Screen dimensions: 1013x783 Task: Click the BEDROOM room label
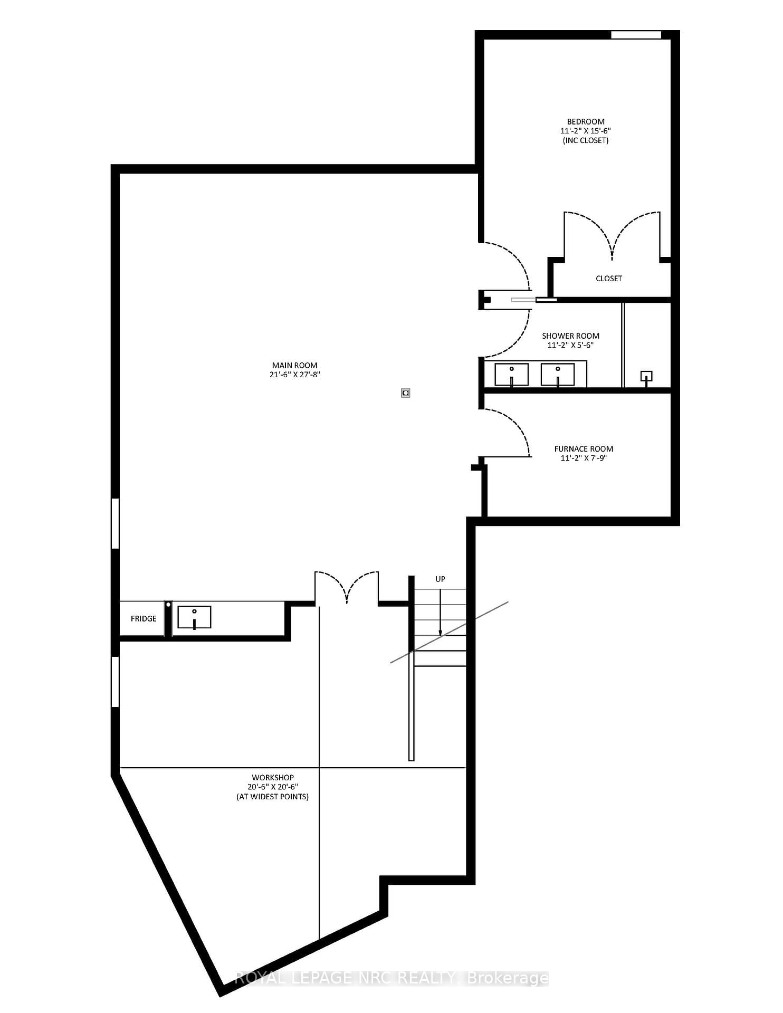tap(586, 122)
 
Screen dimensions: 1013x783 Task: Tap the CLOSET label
tap(608, 279)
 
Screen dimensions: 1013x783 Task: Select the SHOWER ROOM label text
tap(570, 336)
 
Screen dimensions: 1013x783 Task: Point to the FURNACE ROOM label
tap(584, 449)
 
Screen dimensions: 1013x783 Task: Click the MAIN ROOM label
tap(294, 365)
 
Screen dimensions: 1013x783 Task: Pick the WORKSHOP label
tap(272, 778)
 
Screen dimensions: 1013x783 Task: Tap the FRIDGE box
tap(144, 619)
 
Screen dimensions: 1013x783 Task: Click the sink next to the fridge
tap(194, 617)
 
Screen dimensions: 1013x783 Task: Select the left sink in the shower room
tap(511, 374)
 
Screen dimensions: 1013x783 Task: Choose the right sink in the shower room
tap(558, 374)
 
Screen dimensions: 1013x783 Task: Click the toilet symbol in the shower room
tap(646, 377)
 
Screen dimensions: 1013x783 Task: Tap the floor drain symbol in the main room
tap(405, 393)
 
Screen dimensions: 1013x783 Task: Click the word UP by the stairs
tap(440, 579)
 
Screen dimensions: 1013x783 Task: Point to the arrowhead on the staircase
tap(440, 633)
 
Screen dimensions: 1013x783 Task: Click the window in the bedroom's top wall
tap(636, 35)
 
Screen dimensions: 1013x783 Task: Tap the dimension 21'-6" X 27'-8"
tap(294, 375)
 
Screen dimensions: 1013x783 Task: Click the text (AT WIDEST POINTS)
tap(272, 797)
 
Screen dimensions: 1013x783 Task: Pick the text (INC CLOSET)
tap(586, 141)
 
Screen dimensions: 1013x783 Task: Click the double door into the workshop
tap(347, 588)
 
